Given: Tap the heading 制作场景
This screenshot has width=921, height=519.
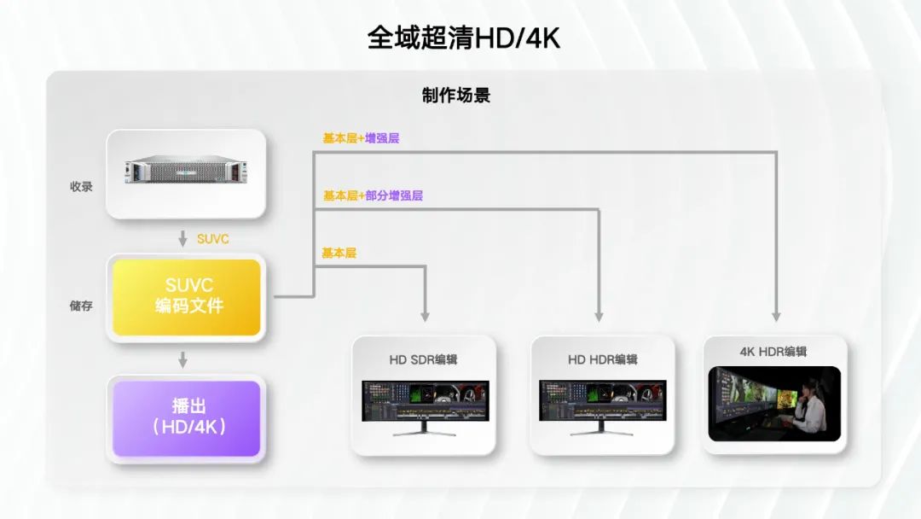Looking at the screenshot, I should pyautogui.click(x=456, y=96).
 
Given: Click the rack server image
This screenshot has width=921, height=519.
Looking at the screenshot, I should pyautogui.click(x=185, y=173).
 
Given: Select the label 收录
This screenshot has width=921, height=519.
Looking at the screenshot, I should pyautogui.click(x=81, y=186).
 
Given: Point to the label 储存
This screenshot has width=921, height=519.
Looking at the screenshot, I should pyautogui.click(x=81, y=306).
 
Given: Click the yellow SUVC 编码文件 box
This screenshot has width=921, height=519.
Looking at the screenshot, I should pyautogui.click(x=186, y=297).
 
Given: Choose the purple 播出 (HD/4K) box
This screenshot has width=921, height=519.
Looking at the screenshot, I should pyautogui.click(x=186, y=417).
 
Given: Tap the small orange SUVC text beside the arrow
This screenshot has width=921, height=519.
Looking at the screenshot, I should pyautogui.click(x=212, y=239).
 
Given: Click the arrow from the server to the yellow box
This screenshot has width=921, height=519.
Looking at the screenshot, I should pyautogui.click(x=182, y=239).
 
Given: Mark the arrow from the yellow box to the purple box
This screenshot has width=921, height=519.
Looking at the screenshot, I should pyautogui.click(x=182, y=360).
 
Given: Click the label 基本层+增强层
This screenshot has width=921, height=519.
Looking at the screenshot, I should pyautogui.click(x=361, y=137).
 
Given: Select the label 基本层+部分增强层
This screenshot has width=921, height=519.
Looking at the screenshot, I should pyautogui.click(x=373, y=195).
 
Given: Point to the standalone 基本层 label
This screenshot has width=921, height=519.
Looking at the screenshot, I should pyautogui.click(x=339, y=253).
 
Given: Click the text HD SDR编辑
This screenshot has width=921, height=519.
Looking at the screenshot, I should pyautogui.click(x=424, y=359).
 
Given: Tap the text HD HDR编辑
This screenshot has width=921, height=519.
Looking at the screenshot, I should pyautogui.click(x=602, y=359).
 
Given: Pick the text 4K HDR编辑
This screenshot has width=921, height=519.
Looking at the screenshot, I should pyautogui.click(x=773, y=352).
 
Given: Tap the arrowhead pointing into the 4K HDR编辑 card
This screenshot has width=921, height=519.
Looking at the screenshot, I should pyautogui.click(x=776, y=316).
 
